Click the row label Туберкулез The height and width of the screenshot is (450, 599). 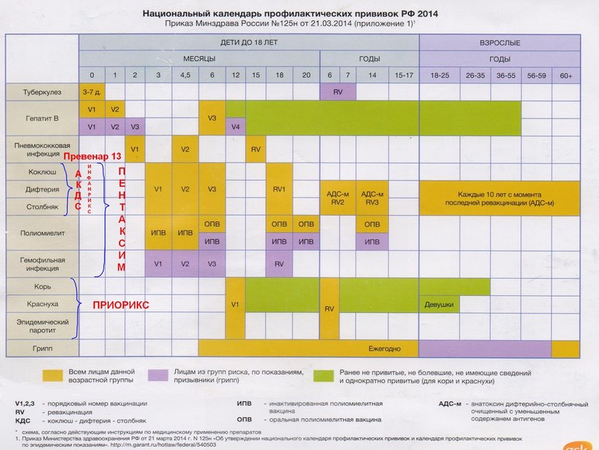pos(41,92)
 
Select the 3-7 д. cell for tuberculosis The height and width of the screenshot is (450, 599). pos(91,92)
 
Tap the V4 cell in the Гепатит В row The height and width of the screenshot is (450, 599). pos(235,126)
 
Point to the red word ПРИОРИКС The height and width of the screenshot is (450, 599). pos(121,304)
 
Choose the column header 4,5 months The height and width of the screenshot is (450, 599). pos(185,74)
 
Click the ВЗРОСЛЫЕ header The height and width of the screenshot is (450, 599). pos(499,42)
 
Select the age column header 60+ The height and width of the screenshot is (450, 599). pos(566,74)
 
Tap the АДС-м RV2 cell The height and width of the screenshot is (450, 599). pos(337,198)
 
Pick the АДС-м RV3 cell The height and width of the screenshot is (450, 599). pos(373,198)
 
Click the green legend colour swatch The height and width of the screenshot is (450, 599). pos(324,375)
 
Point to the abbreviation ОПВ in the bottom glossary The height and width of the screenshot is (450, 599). pos(243,417)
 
